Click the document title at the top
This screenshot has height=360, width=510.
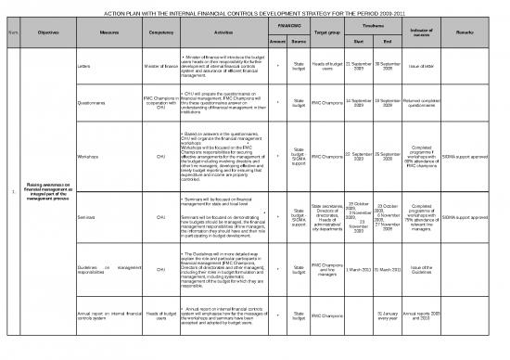click(x=255, y=15)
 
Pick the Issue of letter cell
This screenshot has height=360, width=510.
click(x=422, y=68)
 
